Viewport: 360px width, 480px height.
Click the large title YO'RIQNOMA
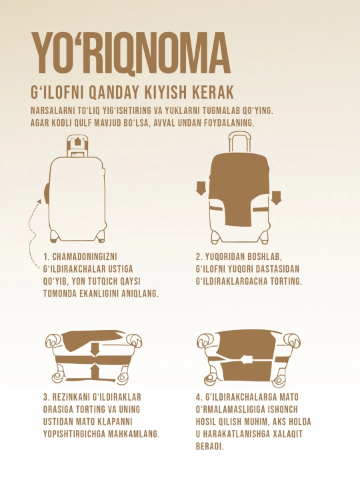click(x=131, y=53)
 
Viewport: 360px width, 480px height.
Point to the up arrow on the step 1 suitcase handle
click(x=77, y=141)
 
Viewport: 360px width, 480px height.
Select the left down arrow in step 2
click(x=201, y=188)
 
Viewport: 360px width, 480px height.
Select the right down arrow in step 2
click(x=276, y=197)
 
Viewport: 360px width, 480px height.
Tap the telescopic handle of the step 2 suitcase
click(x=240, y=143)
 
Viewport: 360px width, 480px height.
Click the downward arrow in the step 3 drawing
click(x=95, y=349)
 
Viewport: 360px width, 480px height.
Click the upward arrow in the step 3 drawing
click(x=95, y=370)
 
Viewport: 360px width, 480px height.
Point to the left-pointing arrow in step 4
click(x=247, y=360)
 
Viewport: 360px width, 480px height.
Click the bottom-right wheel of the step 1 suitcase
click(x=101, y=237)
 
